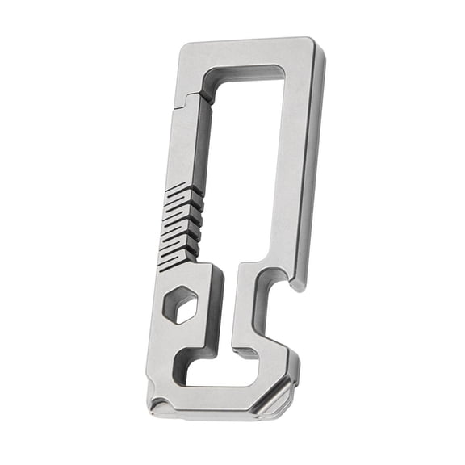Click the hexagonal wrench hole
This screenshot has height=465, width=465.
coord(180,306)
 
